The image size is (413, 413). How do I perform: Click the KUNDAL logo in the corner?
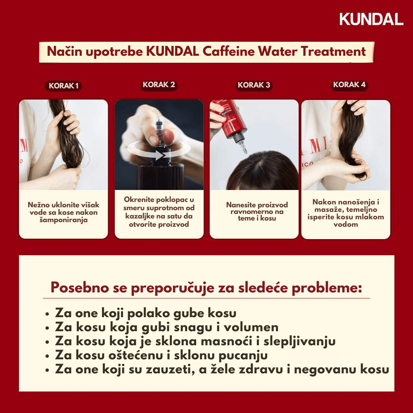371,19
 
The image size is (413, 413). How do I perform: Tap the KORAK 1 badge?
64,86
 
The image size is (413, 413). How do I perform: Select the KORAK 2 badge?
159,85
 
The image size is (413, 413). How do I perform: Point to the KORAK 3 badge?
254,85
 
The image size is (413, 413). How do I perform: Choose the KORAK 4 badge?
349,85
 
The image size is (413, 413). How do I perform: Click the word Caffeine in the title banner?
229,51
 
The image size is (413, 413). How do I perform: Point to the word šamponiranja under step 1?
64,220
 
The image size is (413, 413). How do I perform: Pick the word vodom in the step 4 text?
346,224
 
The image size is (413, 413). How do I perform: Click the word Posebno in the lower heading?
80,287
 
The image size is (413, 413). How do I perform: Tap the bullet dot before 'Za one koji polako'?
47,314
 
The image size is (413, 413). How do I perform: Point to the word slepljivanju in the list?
299,342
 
